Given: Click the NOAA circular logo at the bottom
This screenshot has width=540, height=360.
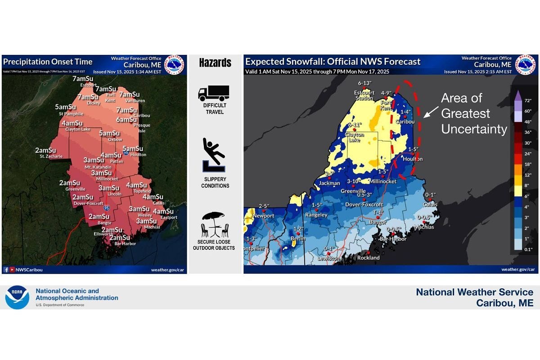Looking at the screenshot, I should [x=17, y=297].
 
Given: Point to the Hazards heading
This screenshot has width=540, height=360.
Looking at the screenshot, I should [x=215, y=63].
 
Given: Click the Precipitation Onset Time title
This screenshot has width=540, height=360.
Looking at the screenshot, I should [x=47, y=62].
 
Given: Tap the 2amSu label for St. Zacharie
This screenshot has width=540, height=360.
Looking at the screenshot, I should [x=45, y=150].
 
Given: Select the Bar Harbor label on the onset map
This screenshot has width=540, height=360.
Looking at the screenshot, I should [x=125, y=243].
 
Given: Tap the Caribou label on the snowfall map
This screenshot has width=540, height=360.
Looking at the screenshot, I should [x=405, y=121].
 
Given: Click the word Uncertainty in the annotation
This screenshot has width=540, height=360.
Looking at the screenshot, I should [x=474, y=129].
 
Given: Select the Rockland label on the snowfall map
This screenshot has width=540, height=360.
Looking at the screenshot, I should [x=368, y=258].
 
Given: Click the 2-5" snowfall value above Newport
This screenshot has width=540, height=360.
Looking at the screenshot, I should [x=263, y=206].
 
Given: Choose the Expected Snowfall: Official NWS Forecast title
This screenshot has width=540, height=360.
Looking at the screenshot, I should [x=333, y=62].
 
